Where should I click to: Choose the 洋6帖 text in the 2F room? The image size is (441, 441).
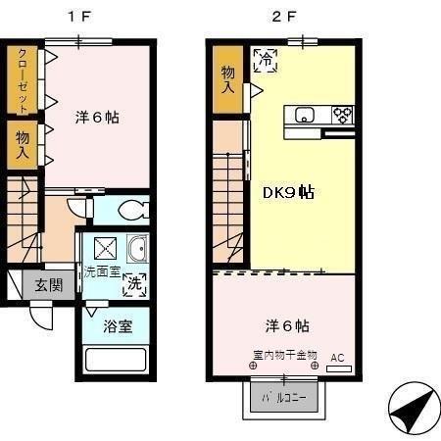tap(280, 325)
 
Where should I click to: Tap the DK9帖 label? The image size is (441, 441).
tap(288, 192)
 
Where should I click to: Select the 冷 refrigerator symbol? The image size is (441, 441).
tap(265, 60)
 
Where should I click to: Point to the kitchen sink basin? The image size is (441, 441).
tap(304, 114)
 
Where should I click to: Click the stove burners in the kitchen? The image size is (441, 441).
tap(341, 114)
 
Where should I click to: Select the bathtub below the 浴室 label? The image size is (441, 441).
tap(114, 359)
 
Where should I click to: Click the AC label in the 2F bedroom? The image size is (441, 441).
tap(336, 358)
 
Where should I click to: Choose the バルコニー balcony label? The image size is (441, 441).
tap(281, 399)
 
